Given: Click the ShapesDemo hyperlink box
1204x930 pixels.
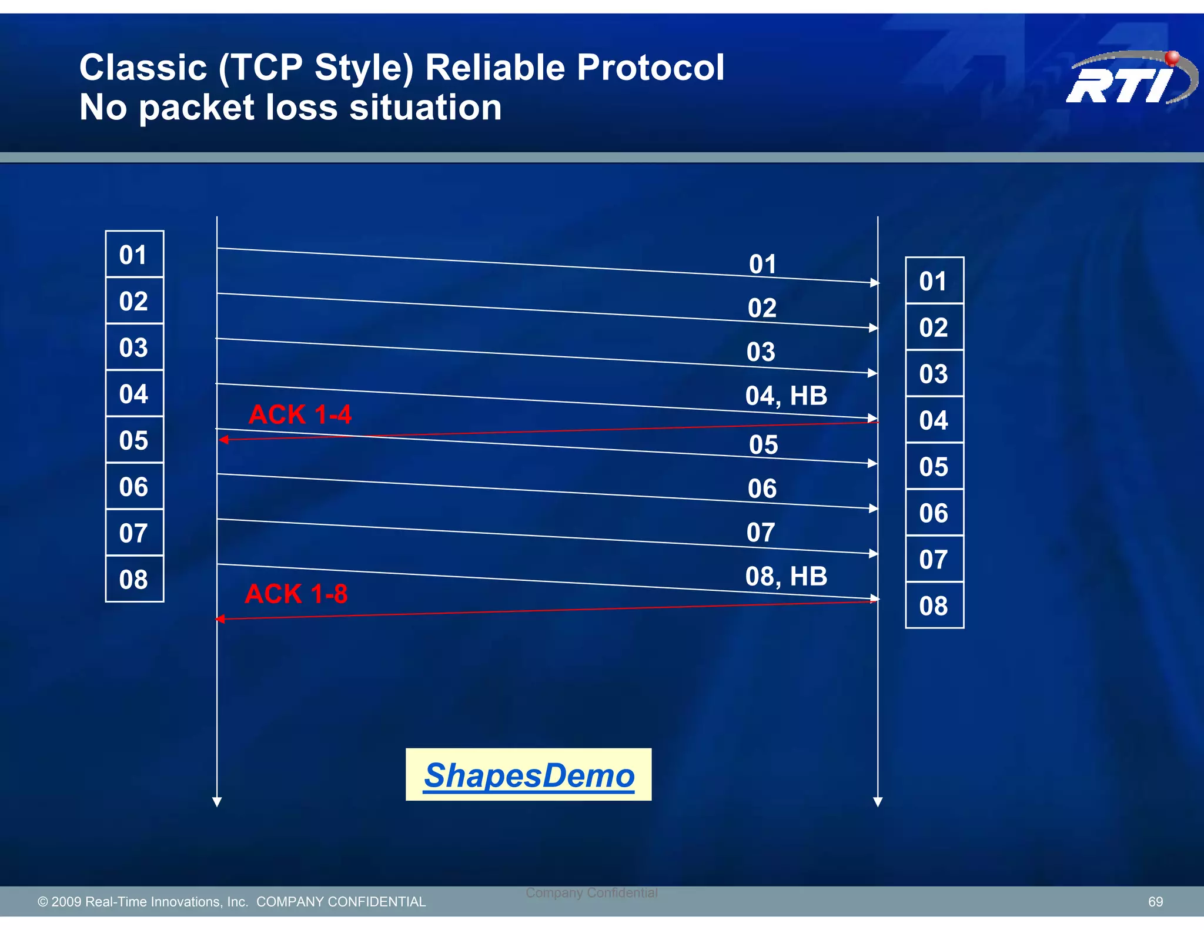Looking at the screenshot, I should coord(529,774).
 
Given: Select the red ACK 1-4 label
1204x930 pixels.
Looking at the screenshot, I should coord(300,414).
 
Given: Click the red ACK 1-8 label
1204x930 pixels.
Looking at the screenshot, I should coord(296,594).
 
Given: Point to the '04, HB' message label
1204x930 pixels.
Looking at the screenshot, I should coord(786,396).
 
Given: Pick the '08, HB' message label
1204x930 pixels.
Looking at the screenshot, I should coord(786,576).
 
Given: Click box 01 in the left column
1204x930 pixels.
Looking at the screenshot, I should coord(134,255).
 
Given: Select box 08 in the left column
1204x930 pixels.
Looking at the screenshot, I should coord(134,580).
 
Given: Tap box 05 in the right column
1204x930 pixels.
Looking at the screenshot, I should coord(934,467).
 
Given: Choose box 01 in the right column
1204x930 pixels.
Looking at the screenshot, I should coord(934,281).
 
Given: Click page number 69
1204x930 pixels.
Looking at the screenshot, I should coord(1155,901).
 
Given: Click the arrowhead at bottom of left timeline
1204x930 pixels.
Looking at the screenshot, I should coord(217,802).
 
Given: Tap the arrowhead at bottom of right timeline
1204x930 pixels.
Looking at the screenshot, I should coord(878,802).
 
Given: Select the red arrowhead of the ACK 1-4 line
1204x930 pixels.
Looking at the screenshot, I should coord(223,439).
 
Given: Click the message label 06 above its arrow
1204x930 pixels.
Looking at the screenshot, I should coord(762,489).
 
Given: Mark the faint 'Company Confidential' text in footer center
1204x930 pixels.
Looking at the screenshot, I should coord(591,892).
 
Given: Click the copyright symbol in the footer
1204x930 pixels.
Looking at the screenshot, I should coord(42,902).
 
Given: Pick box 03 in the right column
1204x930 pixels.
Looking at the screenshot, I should coord(934,374).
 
